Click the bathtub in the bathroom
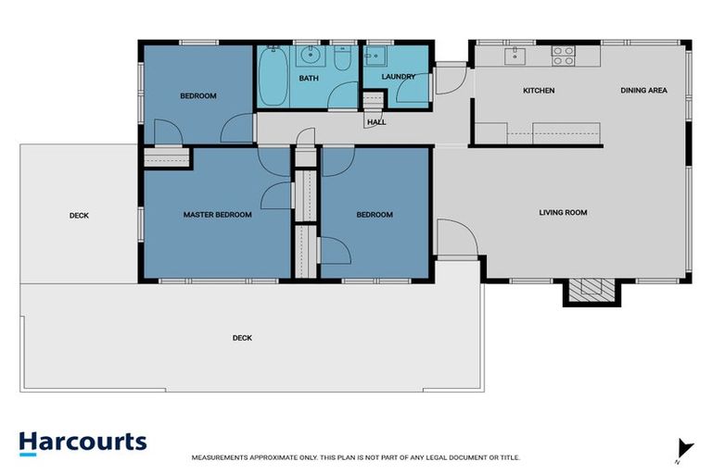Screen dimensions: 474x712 [273, 76]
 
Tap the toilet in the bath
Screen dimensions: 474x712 [341, 60]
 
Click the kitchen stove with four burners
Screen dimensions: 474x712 [563, 56]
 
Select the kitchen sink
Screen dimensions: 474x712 [515, 56]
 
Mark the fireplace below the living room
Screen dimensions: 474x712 [588, 292]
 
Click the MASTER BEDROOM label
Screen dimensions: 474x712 [217, 215]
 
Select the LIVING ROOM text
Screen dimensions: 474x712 [564, 213]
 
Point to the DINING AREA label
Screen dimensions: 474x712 [643, 91]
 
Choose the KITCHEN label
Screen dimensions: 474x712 [539, 91]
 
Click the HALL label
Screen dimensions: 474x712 [376, 121]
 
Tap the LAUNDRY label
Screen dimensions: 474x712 [399, 77]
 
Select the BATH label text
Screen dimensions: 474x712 [309, 79]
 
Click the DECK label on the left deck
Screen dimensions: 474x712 [79, 216]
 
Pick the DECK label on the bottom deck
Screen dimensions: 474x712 [242, 338]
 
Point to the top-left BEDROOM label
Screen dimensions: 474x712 [197, 96]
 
